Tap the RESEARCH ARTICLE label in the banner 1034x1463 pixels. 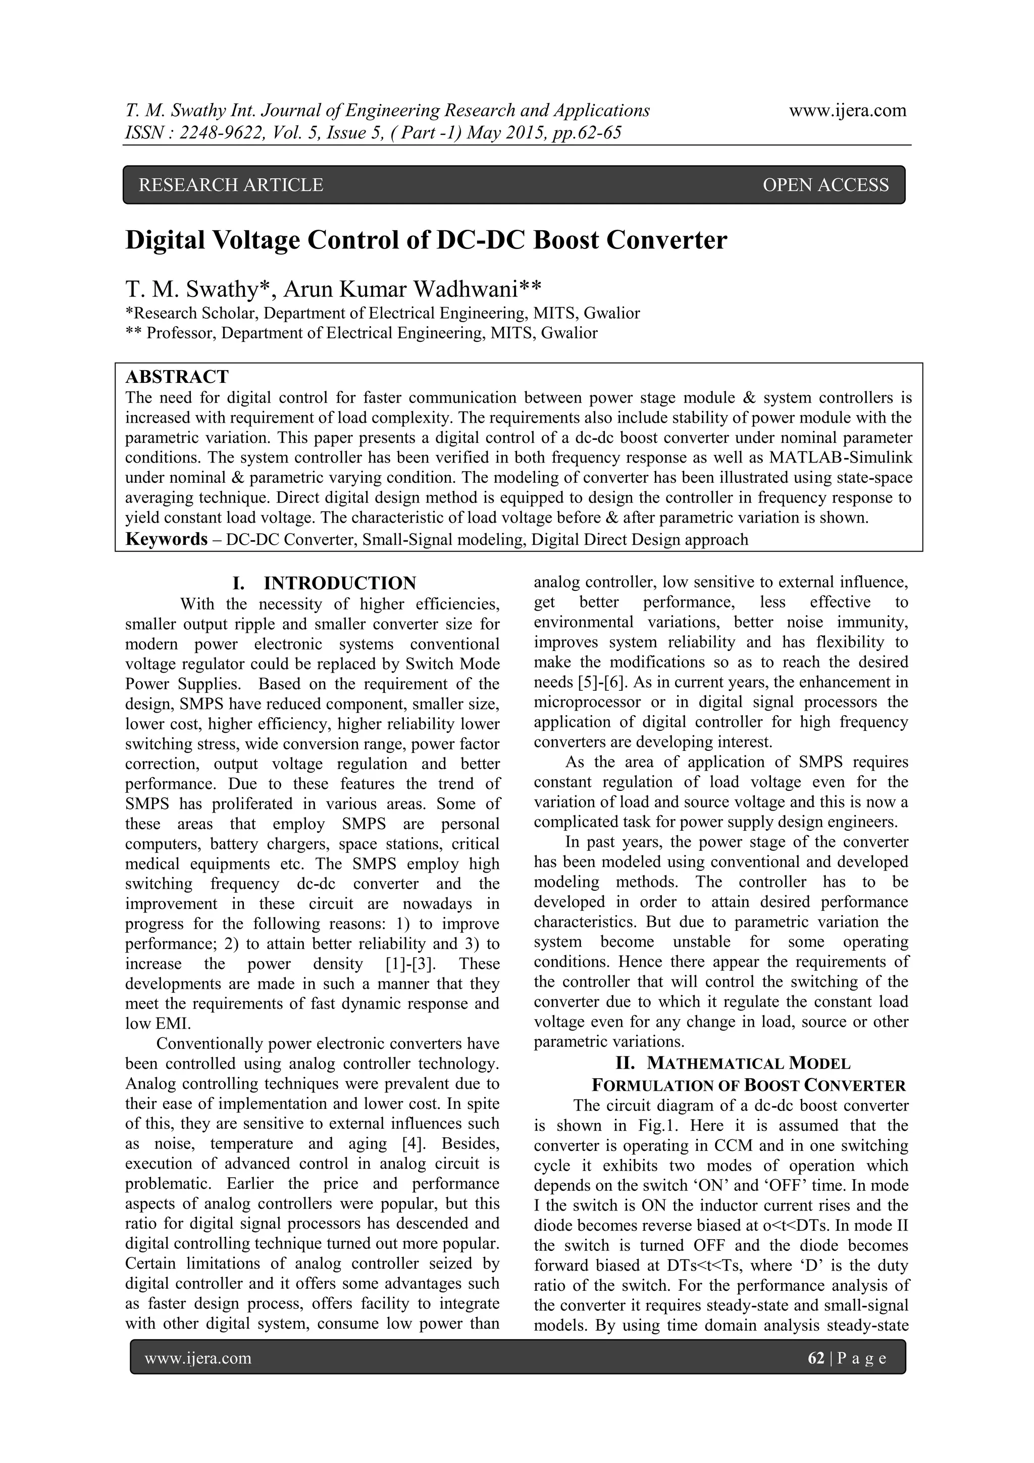click(x=231, y=185)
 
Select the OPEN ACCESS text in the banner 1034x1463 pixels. click(x=825, y=185)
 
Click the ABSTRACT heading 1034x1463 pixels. click(x=177, y=377)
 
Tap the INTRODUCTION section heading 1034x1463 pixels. click(x=340, y=583)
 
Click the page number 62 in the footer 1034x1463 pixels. click(x=815, y=1358)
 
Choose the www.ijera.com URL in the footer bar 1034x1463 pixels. click(x=197, y=1358)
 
